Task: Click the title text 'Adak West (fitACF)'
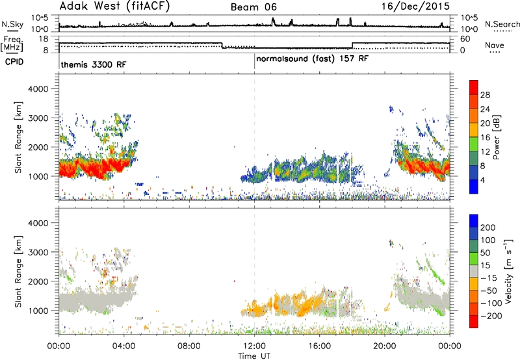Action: pos(114,6)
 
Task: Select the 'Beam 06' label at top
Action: pos(253,7)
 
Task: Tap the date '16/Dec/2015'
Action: pos(415,6)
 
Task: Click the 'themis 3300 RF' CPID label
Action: pos(94,64)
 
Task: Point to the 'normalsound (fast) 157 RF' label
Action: pos(312,59)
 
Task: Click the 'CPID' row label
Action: pos(14,62)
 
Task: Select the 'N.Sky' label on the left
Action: pos(12,24)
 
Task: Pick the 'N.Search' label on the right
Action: pos(502,24)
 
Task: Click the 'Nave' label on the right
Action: pos(495,45)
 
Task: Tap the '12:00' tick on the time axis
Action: pos(254,346)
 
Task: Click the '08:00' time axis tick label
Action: pos(189,346)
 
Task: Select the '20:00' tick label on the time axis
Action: pos(385,346)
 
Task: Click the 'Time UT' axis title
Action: pos(254,356)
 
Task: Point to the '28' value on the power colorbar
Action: pos(485,95)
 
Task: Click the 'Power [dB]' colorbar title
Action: pos(497,137)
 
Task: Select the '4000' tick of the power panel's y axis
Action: pos(38,89)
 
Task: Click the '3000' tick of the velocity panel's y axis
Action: pos(38,252)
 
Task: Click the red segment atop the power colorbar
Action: pos(474,87)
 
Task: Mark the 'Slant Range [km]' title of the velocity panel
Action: pos(18,272)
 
